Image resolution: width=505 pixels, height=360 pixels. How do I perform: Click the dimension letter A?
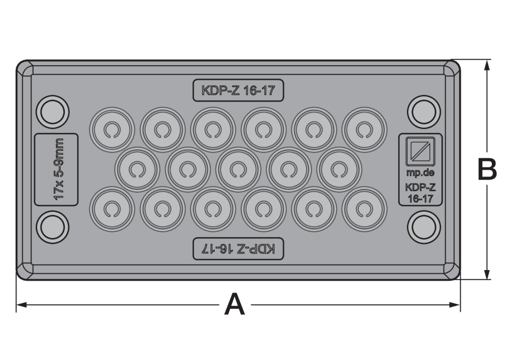click(x=235, y=304)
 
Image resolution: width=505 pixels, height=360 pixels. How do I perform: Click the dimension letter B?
click(x=487, y=169)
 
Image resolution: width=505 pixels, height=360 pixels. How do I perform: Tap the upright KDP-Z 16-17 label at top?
click(x=238, y=90)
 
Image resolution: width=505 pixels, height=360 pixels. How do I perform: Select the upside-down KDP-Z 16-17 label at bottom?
click(x=238, y=249)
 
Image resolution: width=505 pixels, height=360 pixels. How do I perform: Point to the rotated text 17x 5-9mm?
click(x=58, y=169)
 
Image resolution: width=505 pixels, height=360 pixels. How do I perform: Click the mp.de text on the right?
click(x=420, y=173)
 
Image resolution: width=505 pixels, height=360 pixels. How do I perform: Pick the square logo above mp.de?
click(x=420, y=151)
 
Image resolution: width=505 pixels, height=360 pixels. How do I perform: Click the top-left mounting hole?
click(x=53, y=112)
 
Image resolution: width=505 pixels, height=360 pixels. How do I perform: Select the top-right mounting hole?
click(x=424, y=112)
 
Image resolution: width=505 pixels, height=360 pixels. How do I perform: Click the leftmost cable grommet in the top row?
click(x=112, y=130)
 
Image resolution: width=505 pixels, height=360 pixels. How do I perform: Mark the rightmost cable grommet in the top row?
click(x=364, y=130)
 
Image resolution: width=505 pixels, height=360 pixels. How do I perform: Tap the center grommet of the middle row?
click(x=238, y=170)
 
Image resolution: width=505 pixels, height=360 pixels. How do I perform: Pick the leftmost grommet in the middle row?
click(x=137, y=170)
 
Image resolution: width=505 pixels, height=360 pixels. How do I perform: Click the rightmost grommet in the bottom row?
click(x=364, y=209)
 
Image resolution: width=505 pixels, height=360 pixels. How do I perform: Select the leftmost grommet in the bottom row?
click(x=112, y=209)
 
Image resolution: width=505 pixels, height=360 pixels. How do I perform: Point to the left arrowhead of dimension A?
click(x=22, y=305)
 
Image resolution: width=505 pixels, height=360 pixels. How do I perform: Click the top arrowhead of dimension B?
click(x=487, y=65)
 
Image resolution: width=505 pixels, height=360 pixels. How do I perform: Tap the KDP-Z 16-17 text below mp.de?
click(x=420, y=193)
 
